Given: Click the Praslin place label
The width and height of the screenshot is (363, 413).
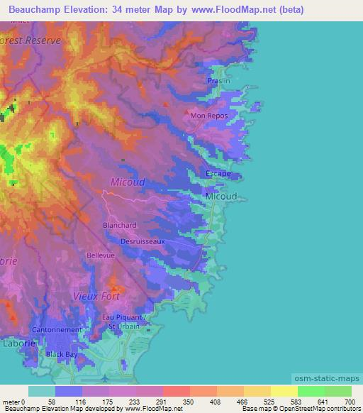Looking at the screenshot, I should (x=219, y=82).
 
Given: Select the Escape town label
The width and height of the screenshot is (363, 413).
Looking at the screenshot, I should (x=218, y=173).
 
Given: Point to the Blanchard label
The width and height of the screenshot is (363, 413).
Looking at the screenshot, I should (x=119, y=226).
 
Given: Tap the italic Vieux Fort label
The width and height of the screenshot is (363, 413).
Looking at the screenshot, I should (x=97, y=295).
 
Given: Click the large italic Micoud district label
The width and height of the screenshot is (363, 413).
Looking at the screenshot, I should (x=128, y=182).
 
